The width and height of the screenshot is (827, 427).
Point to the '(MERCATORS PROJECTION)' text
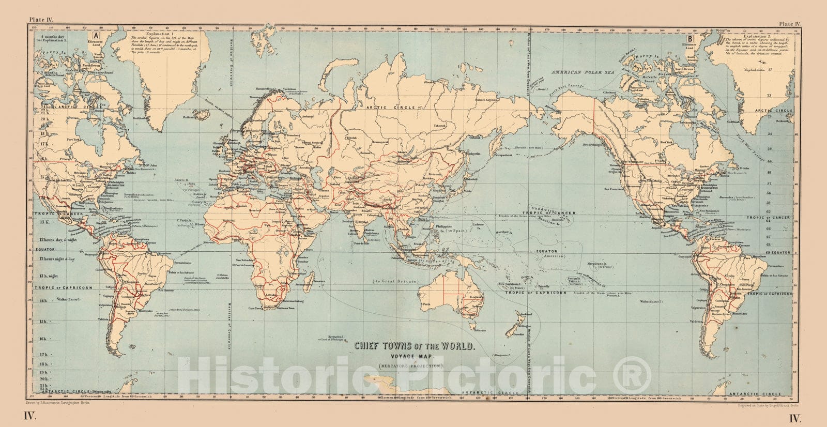[412, 365]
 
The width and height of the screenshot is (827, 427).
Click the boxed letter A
[96, 36]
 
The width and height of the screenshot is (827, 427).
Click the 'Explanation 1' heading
[147, 33]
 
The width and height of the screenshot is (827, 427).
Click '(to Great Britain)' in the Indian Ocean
[394, 281]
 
